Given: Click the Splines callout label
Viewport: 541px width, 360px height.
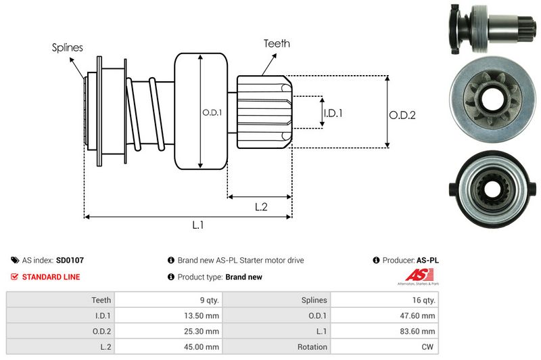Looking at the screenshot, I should point(67,48).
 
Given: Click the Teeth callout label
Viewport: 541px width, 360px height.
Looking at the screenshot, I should point(277,43).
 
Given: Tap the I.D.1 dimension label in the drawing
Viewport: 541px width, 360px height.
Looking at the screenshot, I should point(333,113).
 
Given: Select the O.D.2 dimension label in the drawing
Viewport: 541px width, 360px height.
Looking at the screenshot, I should point(402,115).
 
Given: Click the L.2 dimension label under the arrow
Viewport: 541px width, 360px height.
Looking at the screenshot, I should point(261,207).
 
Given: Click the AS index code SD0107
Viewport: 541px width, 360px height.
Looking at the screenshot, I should point(70,260).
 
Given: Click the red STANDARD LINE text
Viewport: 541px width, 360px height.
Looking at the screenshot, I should point(51,277).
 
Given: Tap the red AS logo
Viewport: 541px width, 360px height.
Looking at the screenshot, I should point(414,275).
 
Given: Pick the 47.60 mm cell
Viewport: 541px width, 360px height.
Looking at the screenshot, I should point(419,315).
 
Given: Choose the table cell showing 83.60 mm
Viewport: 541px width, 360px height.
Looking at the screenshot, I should point(419,331).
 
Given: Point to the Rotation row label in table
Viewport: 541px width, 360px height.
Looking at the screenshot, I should point(312,346).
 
